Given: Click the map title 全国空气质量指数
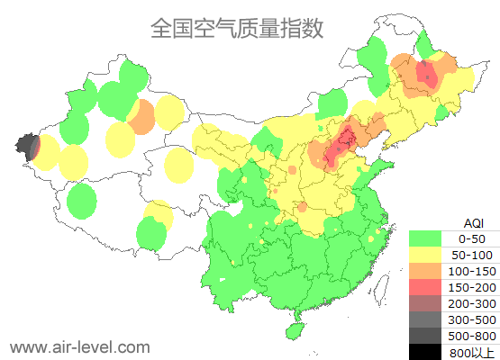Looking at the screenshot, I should (x=237, y=28).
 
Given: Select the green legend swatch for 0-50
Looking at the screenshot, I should (x=425, y=238).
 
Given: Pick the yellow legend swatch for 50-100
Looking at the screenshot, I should (x=425, y=255).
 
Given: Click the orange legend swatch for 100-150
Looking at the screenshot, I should (x=425, y=271).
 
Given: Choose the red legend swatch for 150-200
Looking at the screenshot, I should (x=425, y=287).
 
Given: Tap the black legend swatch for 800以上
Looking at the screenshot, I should (x=425, y=352).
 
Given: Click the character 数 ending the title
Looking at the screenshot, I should (x=312, y=28).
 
